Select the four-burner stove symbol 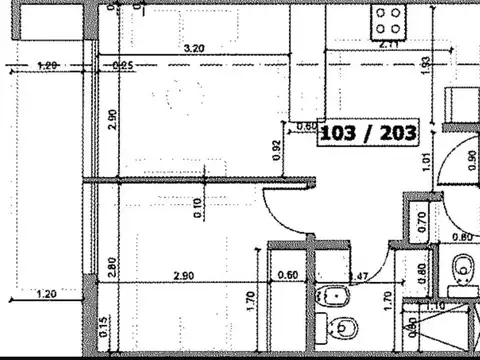point(388,17)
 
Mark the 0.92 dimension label point(276,148)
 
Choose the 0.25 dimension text point(123,66)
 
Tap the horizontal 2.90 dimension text point(182,275)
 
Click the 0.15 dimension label point(104,327)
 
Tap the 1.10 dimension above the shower point(436,304)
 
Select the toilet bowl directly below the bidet point(342,328)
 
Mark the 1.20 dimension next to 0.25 point(47,66)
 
